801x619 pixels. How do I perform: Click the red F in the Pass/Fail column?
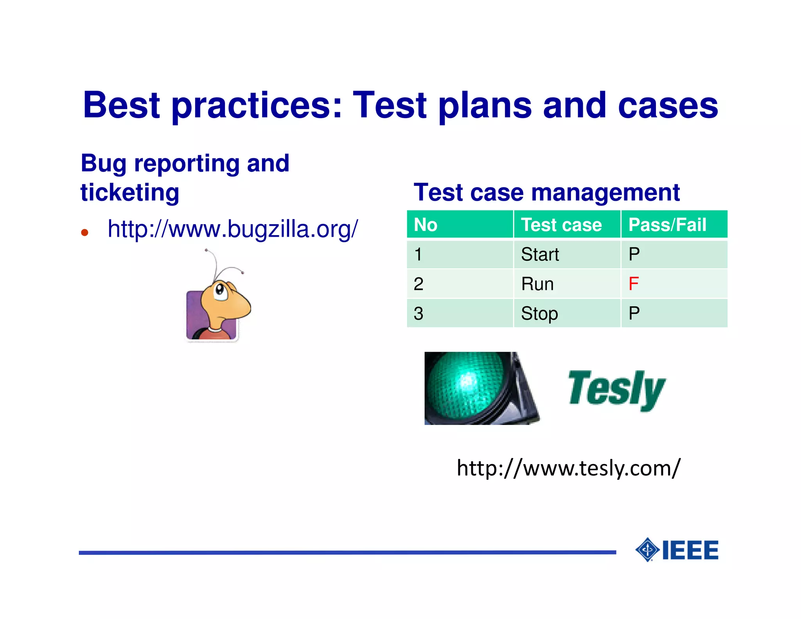point(633,284)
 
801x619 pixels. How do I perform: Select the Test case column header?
point(561,225)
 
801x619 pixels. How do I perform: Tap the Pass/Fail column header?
point(667,225)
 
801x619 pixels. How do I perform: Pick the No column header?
point(426,225)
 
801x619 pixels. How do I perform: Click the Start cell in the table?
point(540,254)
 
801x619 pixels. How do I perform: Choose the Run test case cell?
point(537,284)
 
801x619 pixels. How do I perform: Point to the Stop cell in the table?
point(539,313)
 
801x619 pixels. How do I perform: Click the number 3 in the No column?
point(418,313)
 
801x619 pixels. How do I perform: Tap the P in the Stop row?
point(634,313)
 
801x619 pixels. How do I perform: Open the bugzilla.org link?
point(233,229)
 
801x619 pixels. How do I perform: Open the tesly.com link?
point(568,468)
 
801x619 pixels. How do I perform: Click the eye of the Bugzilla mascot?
point(220,290)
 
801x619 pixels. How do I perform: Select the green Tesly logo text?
point(616,389)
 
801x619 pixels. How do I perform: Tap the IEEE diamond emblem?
point(648,550)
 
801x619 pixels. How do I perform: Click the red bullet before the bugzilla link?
point(84,233)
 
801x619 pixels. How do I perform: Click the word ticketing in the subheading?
point(130,193)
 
